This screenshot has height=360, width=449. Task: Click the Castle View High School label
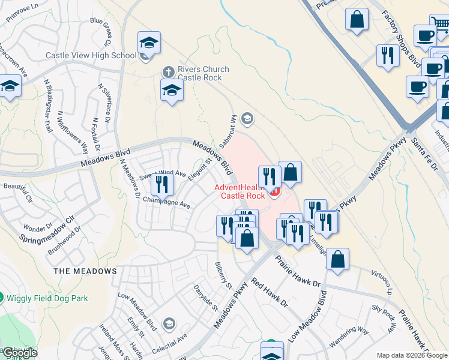[x=91, y=56]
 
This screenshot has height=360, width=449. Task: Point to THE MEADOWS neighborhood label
[x=85, y=271]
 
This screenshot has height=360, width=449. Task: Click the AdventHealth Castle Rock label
[x=243, y=191]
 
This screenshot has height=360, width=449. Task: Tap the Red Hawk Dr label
[x=270, y=293]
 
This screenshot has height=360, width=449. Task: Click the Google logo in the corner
[x=19, y=353]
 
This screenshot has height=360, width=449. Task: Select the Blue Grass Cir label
[x=101, y=31]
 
